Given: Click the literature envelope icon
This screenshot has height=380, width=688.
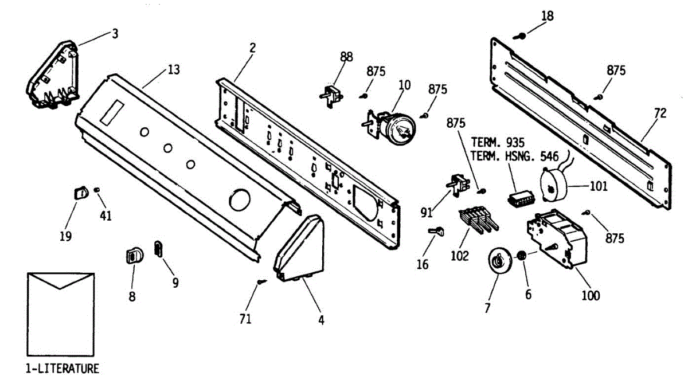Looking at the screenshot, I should (60, 314).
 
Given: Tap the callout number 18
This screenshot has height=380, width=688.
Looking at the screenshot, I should (548, 15).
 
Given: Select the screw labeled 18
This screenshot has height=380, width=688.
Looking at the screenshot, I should (522, 36).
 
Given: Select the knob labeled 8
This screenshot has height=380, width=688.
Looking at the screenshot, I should (133, 255).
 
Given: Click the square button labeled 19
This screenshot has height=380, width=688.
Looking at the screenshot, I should (80, 192).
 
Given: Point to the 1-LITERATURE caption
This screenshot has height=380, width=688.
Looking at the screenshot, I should (62, 368).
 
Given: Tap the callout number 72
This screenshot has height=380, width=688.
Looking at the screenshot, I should (660, 113).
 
